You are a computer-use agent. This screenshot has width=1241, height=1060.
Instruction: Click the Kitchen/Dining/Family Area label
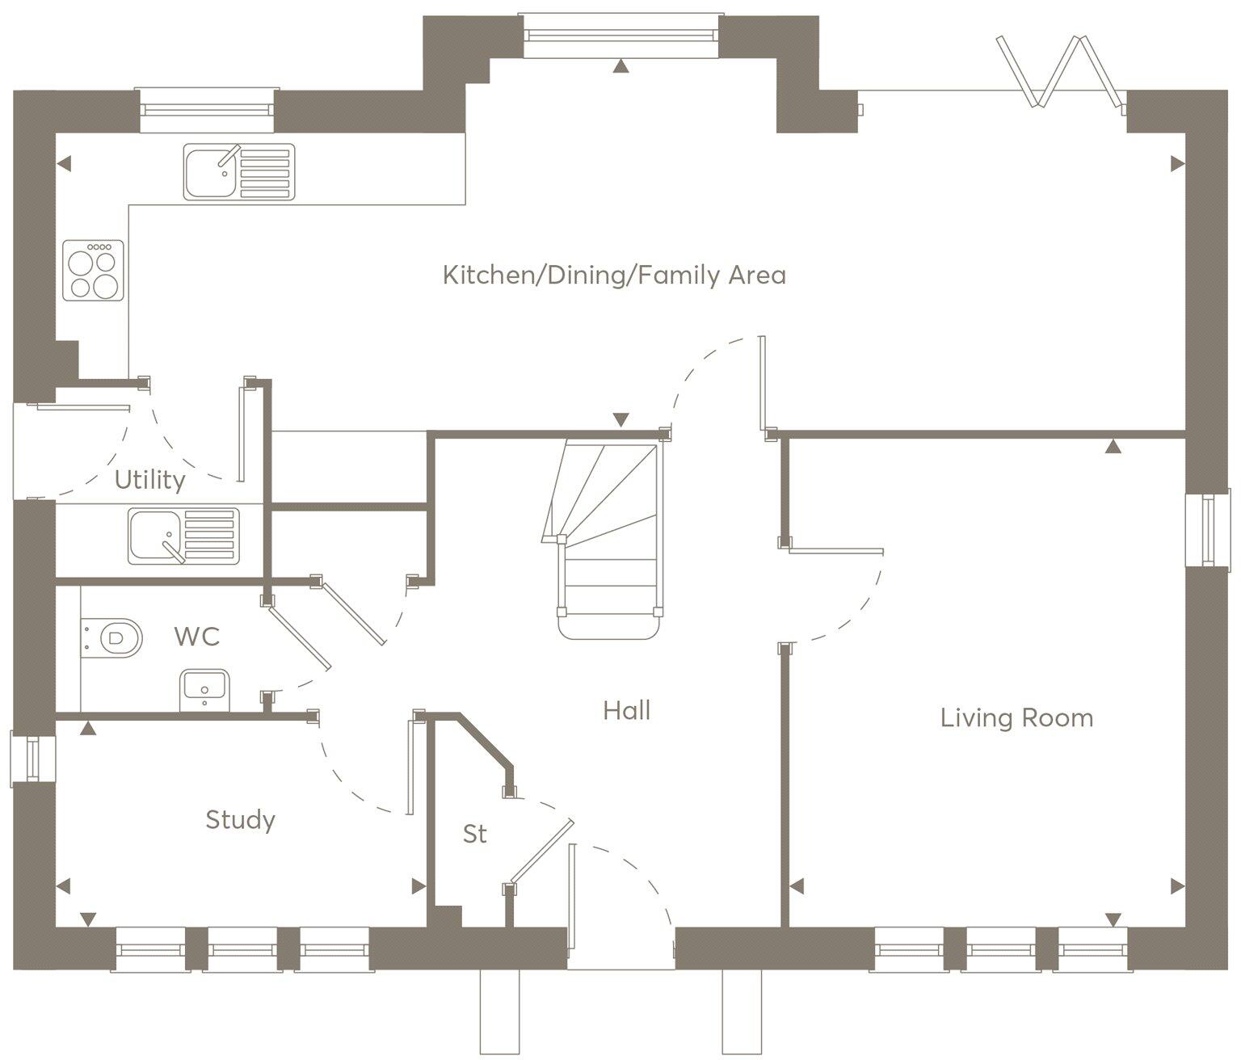[x=614, y=276]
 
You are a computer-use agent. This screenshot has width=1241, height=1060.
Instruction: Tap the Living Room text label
[x=1016, y=717]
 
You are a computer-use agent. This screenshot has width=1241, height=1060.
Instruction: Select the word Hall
[x=627, y=711]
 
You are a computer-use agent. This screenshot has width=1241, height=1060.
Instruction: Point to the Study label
[x=240, y=820]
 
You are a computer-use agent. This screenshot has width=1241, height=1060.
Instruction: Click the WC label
[x=197, y=637]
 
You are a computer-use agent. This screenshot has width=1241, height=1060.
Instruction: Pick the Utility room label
[x=150, y=480]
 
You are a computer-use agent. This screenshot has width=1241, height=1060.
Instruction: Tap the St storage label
[x=475, y=834]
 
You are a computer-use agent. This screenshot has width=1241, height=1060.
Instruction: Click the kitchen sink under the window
[x=239, y=171]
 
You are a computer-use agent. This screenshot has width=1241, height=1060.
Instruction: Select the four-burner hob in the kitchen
[x=94, y=270]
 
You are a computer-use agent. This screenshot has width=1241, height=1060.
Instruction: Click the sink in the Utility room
[x=183, y=536]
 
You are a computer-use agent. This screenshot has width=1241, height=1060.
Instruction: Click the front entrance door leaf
[x=572, y=897]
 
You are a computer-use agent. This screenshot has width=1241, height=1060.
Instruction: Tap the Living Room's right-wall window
[x=1207, y=529]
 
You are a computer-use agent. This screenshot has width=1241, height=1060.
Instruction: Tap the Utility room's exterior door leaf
[x=83, y=407]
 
